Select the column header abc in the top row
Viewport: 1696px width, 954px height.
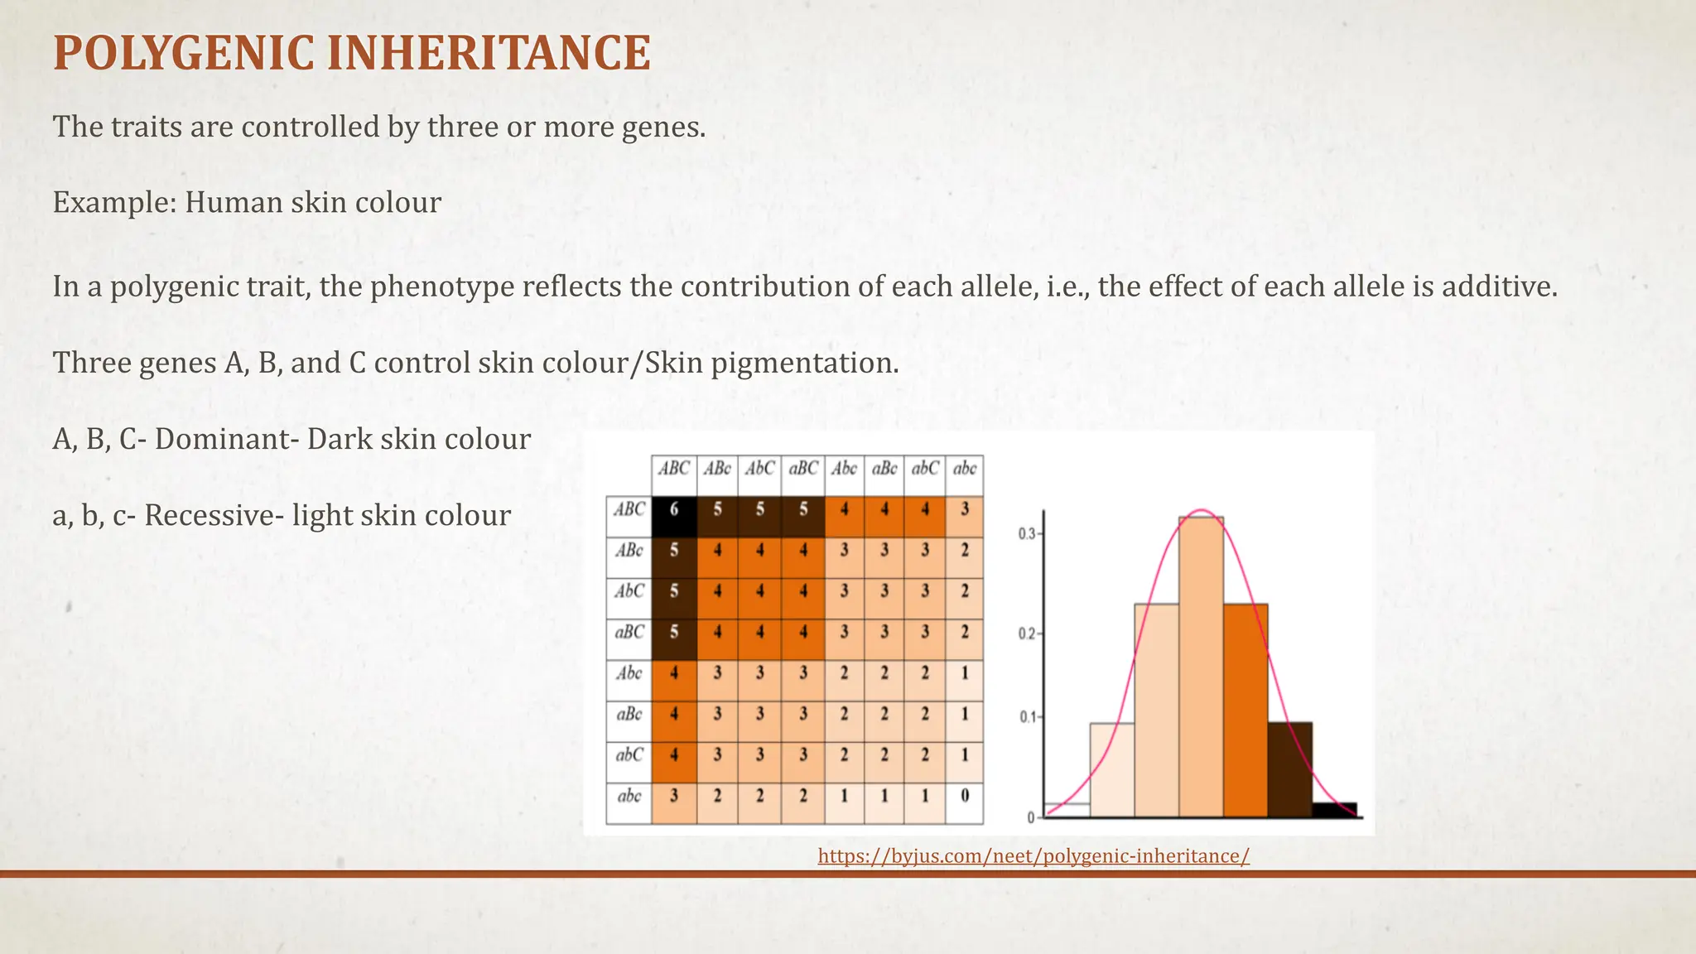point(965,469)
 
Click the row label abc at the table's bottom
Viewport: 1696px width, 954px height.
point(629,796)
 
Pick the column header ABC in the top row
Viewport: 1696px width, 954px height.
point(674,469)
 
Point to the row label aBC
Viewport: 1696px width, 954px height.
point(629,632)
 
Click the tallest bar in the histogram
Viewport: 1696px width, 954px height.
point(1201,667)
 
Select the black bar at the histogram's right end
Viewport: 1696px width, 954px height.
point(1334,809)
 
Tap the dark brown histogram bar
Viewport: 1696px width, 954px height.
point(1289,769)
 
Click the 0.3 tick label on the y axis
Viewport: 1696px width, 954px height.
point(1026,534)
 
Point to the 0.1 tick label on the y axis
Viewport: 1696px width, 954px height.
point(1026,717)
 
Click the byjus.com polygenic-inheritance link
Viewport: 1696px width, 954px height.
point(1033,856)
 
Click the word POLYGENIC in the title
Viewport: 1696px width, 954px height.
point(183,54)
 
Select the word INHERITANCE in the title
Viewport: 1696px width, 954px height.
point(489,54)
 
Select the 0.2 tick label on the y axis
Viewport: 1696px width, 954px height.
point(1026,634)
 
